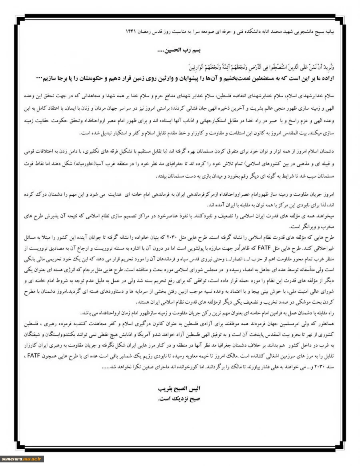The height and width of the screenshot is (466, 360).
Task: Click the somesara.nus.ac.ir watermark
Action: [x=22, y=459]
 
